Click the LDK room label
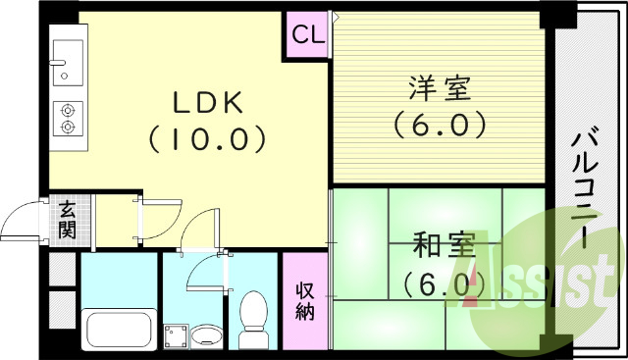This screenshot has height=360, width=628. [x=207, y=102]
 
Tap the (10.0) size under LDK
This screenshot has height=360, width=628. [x=207, y=138]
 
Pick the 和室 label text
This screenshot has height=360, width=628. [x=444, y=243]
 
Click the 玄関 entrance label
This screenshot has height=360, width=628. [x=67, y=219]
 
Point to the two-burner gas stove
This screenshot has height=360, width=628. [x=68, y=119]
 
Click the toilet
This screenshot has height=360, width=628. [x=254, y=319]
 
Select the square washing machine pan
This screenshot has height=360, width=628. [x=176, y=336]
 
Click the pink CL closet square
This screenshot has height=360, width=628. [x=307, y=35]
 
